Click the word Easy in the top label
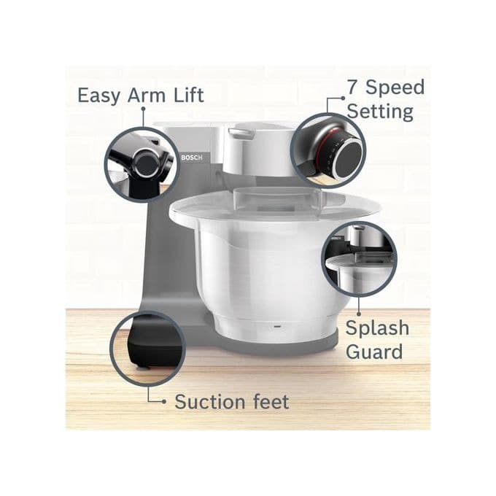[x=99, y=95]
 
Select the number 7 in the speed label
[x=354, y=88]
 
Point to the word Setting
[x=379, y=112]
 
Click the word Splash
[x=377, y=328]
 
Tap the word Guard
[x=374, y=352]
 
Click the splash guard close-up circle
[x=358, y=259]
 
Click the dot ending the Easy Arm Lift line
[x=143, y=109]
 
